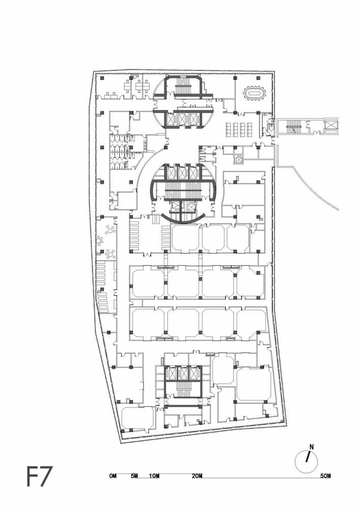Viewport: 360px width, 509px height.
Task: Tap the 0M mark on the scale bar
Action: [x=113, y=476]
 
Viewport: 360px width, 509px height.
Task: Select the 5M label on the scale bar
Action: [x=134, y=476]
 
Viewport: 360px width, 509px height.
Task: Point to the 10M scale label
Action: [x=155, y=476]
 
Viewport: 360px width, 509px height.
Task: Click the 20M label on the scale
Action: [x=198, y=476]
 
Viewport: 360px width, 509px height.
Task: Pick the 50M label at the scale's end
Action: [x=326, y=476]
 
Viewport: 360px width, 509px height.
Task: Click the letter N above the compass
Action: [x=312, y=447]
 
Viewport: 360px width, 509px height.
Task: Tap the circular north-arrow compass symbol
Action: [x=307, y=462]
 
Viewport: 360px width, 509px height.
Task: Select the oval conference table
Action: [x=255, y=94]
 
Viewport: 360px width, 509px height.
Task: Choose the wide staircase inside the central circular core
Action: [x=183, y=192]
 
